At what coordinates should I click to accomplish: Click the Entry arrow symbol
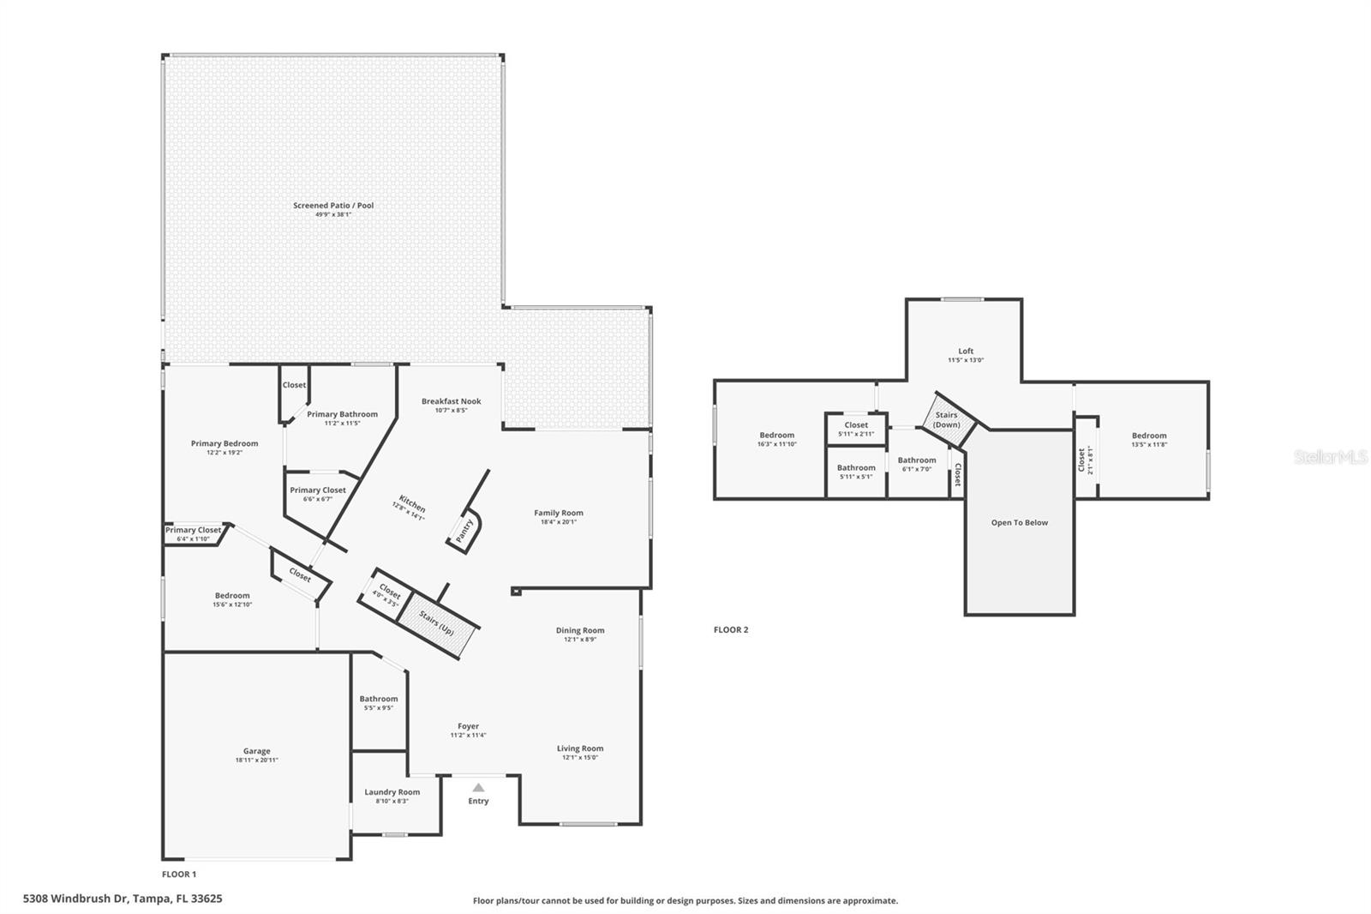[x=478, y=787]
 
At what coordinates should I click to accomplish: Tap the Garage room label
[x=256, y=751]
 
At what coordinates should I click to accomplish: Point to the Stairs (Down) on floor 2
[x=947, y=420]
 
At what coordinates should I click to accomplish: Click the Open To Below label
[x=1019, y=522]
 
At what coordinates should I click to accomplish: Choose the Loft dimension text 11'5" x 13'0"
[x=966, y=360]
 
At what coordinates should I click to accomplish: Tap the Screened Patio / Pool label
[x=333, y=206]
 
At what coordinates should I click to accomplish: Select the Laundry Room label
[x=392, y=792]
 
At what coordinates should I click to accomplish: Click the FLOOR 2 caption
[x=731, y=629]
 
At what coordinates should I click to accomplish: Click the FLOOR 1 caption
[x=179, y=874]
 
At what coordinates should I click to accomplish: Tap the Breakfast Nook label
[x=451, y=401]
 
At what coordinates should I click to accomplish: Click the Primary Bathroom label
[x=342, y=414]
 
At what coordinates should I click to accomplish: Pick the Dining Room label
[x=580, y=630]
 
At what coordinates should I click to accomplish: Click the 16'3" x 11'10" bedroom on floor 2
[x=776, y=439]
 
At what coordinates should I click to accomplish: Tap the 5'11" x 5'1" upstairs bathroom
[x=856, y=472]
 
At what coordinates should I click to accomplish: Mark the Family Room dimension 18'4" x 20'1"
[x=559, y=522]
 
